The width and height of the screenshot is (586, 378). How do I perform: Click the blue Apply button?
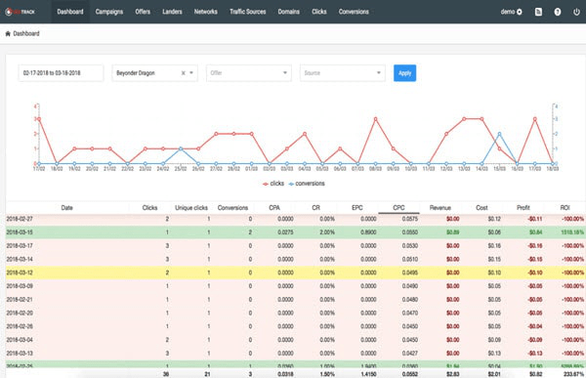403,72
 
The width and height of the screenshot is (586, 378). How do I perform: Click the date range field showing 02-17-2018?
61,72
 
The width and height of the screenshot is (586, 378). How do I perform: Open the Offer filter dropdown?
248,72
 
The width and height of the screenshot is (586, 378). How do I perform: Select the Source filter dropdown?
341,72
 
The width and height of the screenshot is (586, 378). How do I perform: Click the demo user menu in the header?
513,12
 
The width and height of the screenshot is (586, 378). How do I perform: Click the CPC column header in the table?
398,207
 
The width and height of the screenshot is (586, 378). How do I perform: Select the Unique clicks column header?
192,207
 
